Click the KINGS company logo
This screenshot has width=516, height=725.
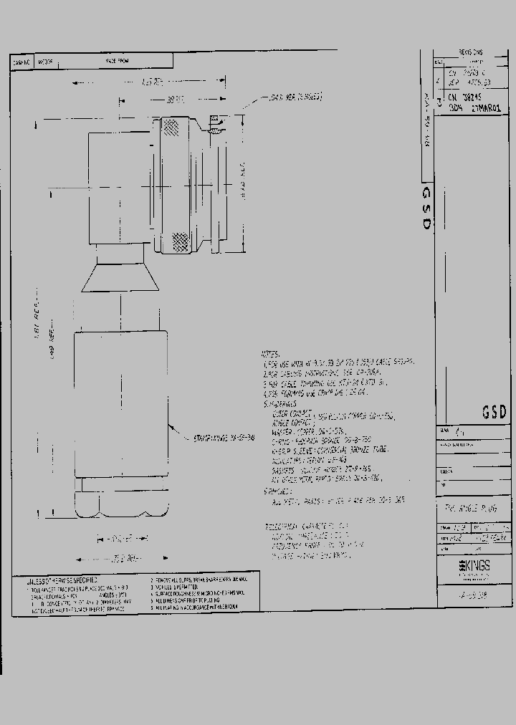(x=474, y=565)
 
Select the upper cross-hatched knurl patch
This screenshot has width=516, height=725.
(x=172, y=128)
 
